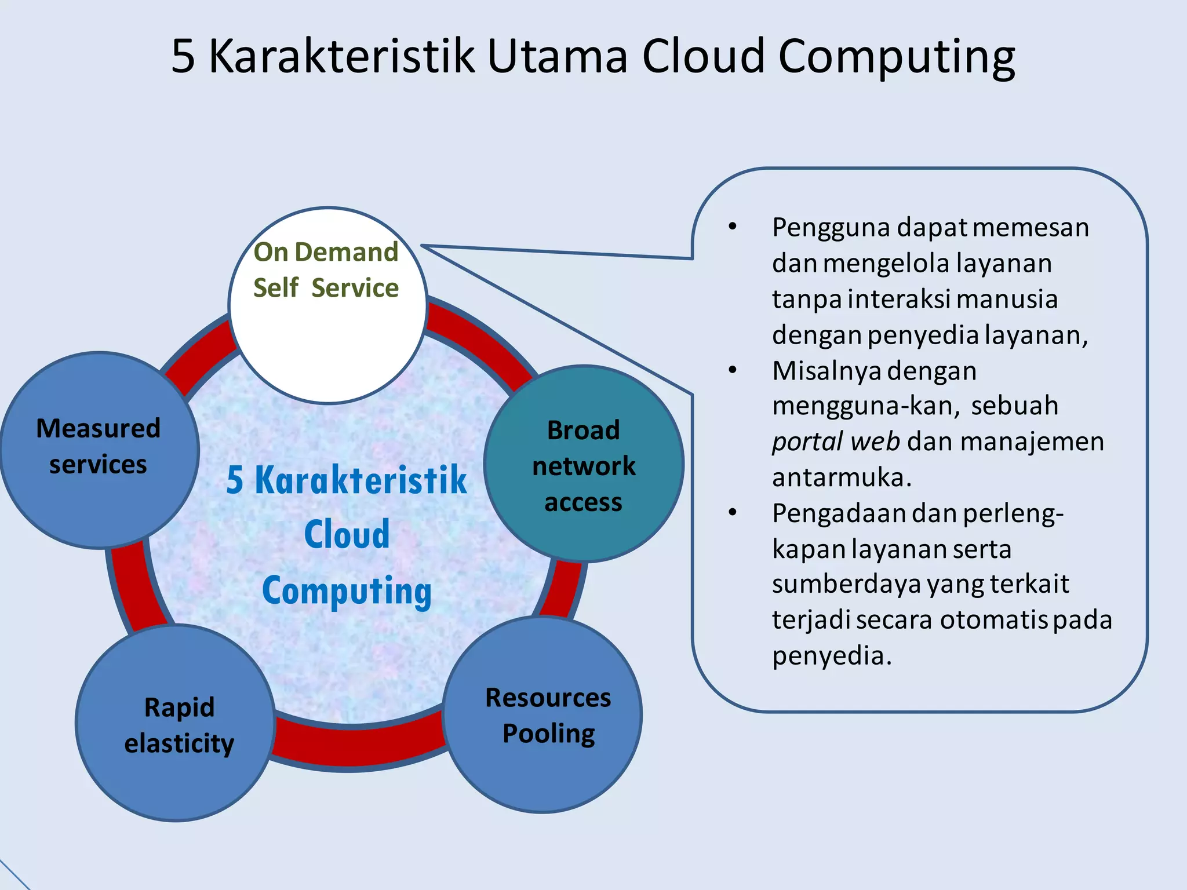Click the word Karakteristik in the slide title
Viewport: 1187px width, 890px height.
click(x=341, y=56)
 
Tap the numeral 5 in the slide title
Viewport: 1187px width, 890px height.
click(x=183, y=56)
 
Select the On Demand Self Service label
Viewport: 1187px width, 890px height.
click(x=326, y=270)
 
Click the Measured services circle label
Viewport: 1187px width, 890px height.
click(x=98, y=446)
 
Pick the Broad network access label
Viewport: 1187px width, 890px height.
click(x=584, y=466)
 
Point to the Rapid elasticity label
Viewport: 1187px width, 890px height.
click(x=179, y=725)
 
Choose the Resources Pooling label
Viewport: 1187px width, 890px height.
click(x=548, y=716)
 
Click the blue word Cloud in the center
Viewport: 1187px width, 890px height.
click(x=347, y=534)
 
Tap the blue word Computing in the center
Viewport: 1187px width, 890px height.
click(x=347, y=591)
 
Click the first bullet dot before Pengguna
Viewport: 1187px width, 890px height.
click(x=733, y=227)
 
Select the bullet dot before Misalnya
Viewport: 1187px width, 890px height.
click(x=733, y=370)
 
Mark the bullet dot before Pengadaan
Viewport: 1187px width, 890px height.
click(x=733, y=513)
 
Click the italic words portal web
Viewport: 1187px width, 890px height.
click(x=835, y=442)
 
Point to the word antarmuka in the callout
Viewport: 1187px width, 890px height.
click(x=842, y=477)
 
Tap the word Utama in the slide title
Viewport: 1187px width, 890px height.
click(x=557, y=56)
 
